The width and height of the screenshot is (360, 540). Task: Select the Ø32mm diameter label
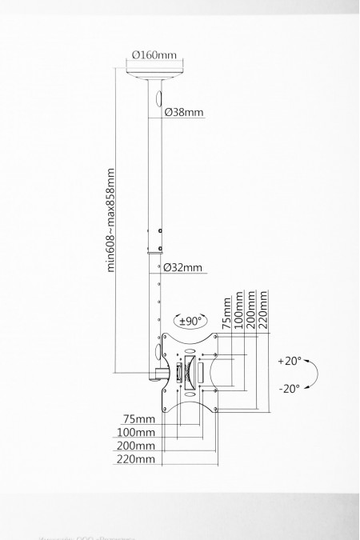183,268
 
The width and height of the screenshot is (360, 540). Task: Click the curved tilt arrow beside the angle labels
314,374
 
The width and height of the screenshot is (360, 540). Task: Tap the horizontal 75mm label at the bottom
139,418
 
